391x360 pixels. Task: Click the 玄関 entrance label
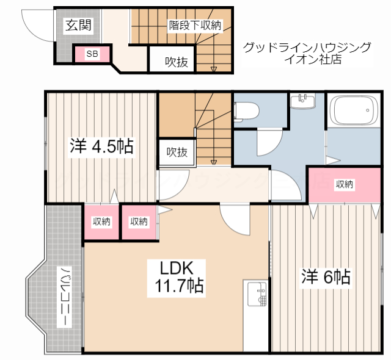click(x=78, y=25)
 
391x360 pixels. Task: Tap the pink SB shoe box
click(x=92, y=54)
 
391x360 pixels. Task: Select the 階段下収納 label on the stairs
click(x=195, y=25)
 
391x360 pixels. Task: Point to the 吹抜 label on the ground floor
click(x=177, y=62)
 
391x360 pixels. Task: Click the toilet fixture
click(x=246, y=112)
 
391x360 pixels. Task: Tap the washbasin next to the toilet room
click(x=303, y=101)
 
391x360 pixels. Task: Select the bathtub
click(x=354, y=110)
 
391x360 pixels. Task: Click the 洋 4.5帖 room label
click(x=101, y=147)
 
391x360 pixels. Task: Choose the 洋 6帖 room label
click(x=326, y=276)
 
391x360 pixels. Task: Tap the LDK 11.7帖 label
click(x=177, y=278)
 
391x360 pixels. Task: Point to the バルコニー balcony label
click(x=64, y=297)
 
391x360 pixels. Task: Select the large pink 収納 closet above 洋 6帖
click(x=345, y=185)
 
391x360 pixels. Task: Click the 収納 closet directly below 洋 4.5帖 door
click(x=101, y=221)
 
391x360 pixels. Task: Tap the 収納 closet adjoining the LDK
click(x=139, y=221)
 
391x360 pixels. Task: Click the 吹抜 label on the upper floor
click(x=177, y=152)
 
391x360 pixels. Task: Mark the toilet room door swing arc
click(x=274, y=147)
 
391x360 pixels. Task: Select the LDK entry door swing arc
click(x=231, y=225)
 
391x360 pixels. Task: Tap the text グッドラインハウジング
click(x=307, y=48)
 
